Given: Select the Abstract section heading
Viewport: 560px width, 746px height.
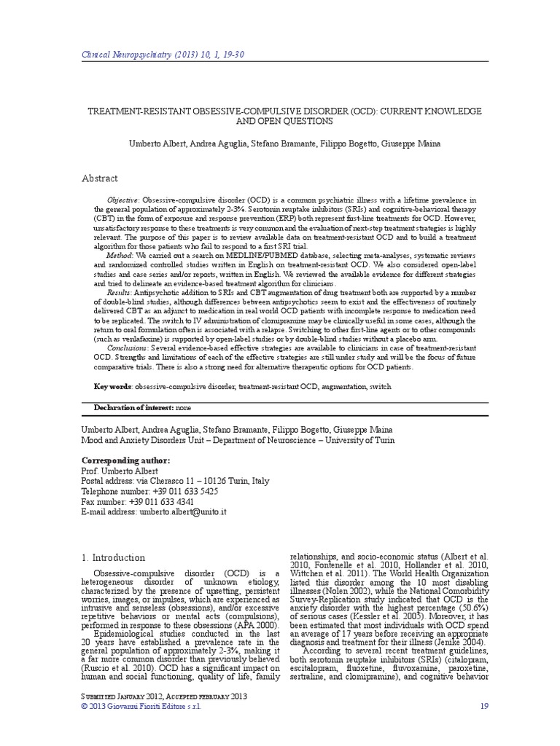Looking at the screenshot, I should pos(100,178).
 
